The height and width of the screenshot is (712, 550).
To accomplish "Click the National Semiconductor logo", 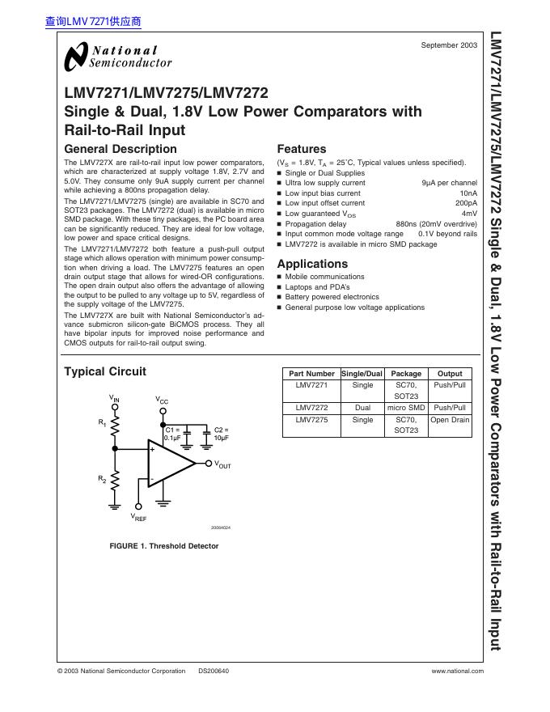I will point(118,56).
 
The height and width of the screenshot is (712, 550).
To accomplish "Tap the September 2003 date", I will point(449,45).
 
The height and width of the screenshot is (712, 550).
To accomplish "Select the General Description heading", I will point(120,149).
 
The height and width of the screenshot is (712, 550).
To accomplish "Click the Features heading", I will point(302,149).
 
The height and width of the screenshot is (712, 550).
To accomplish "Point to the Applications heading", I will point(312,264).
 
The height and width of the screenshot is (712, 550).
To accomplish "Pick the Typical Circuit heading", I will point(105,371).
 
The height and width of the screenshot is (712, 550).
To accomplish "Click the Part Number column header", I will point(311,374).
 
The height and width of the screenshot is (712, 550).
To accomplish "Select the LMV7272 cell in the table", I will point(311,409).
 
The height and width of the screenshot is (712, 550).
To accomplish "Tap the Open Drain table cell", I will point(450,420).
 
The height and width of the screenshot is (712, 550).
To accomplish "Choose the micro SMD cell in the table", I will point(406,409).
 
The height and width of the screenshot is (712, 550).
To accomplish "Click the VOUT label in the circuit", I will point(222,465).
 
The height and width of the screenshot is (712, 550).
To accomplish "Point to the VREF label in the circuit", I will point(138,516).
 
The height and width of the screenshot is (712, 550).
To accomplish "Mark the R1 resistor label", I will point(102,422).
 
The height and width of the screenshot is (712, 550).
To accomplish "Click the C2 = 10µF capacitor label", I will point(221,434).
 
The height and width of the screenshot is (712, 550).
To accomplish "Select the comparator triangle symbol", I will point(169,464).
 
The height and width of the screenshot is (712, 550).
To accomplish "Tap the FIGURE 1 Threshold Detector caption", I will point(164,546).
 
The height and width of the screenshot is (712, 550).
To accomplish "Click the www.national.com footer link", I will point(458,671).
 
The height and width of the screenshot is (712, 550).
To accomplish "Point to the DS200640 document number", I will point(214,671).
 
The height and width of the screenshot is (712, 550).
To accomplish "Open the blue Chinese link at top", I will point(94,22).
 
